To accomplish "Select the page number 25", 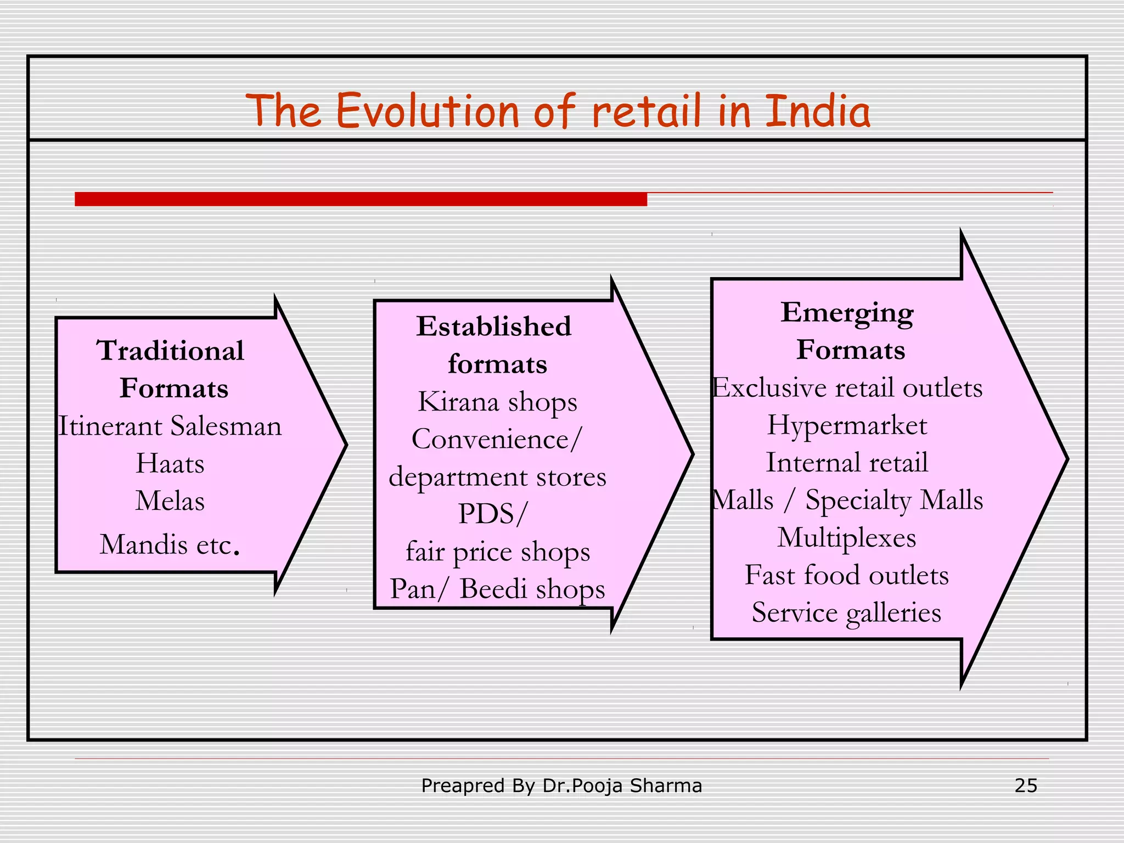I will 1025,785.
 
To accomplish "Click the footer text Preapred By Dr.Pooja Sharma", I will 561,785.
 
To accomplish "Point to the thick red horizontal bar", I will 361,199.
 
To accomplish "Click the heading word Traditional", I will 171,350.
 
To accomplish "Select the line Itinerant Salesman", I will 170,426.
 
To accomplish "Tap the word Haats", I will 170,463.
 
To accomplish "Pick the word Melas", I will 170,501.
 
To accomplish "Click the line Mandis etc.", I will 170,544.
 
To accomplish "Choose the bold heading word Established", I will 493,326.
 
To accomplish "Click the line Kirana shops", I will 497,401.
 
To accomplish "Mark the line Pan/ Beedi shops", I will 497,589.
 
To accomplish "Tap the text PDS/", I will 492,514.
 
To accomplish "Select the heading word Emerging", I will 847,313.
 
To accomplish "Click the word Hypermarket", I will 847,425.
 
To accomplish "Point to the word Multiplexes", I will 847,537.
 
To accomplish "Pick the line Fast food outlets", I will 847,575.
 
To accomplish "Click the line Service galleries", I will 847,612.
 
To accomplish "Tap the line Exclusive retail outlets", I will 847,387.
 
